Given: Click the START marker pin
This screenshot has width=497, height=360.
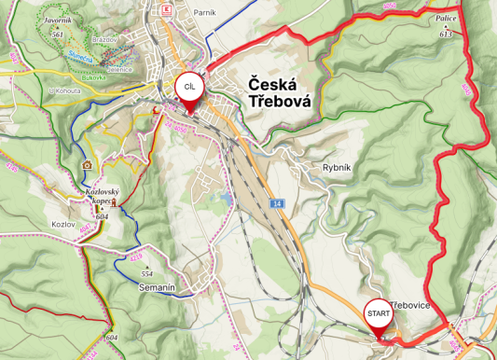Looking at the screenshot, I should tap(378, 313).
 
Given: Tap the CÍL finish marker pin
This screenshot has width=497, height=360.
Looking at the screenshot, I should tap(188, 88).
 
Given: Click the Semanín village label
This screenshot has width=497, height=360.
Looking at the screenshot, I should tap(158, 288).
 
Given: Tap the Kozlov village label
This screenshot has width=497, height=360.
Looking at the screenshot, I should tap(63, 225).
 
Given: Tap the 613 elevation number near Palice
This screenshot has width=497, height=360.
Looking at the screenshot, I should tap(446, 34).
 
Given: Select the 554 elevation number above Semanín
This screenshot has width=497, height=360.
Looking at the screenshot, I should tap(146, 273).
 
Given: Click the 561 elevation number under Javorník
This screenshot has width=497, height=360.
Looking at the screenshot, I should tap(58, 35).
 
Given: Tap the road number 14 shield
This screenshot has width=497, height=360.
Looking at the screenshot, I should tap(277, 202).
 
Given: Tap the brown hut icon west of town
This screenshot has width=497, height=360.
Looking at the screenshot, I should tap(88, 164).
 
